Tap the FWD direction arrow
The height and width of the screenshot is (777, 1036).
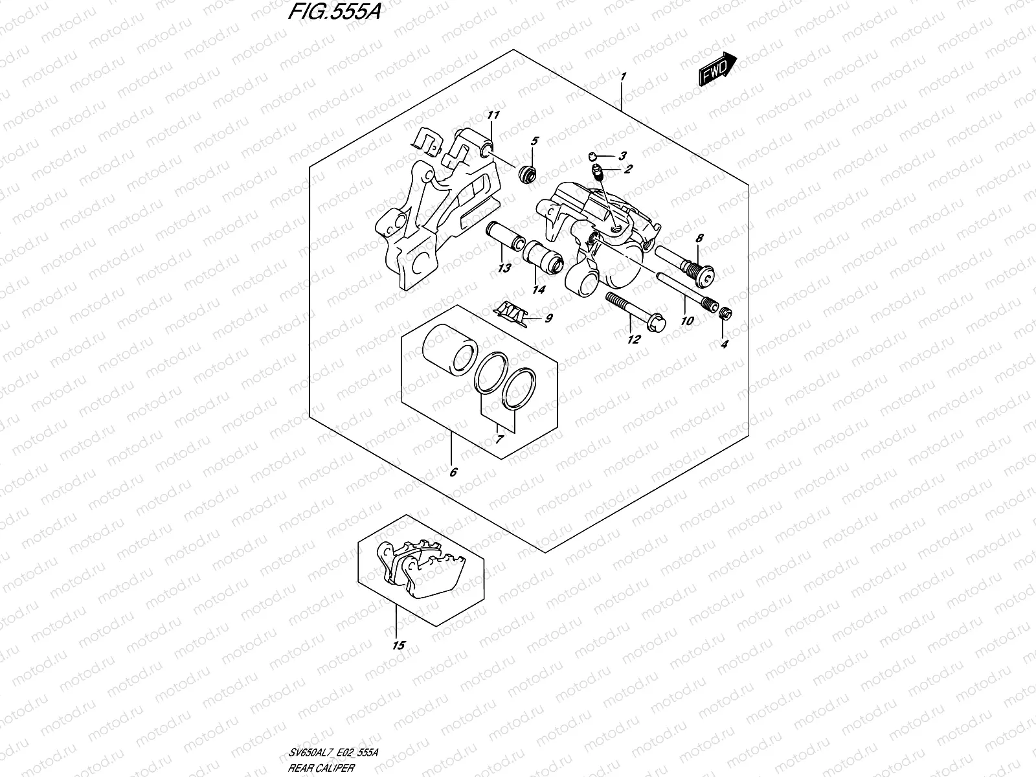tap(717, 69)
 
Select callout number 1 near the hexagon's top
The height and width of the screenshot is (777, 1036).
tap(623, 77)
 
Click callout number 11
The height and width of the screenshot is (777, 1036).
tap(494, 116)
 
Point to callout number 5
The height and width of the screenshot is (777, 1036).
tap(535, 141)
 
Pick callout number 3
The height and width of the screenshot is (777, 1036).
tap(622, 155)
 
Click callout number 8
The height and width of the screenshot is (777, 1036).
tap(699, 238)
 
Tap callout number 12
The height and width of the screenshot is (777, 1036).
tap(633, 339)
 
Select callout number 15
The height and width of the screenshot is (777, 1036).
tap(398, 645)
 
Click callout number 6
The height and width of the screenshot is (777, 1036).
tap(453, 472)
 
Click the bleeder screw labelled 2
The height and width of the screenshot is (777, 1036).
tap(599, 173)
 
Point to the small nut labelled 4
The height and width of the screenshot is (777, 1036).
tap(725, 313)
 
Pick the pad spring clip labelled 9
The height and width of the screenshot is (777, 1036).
tap(512, 313)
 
